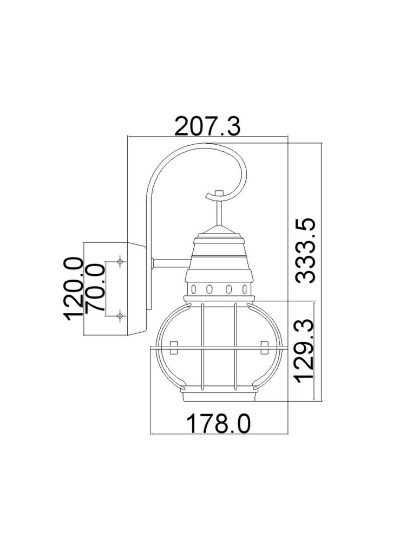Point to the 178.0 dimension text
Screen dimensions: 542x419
[x=219, y=423]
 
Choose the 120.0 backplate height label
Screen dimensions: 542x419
[x=74, y=289]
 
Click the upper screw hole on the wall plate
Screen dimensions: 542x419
[x=120, y=262]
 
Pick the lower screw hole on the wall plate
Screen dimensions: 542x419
[x=120, y=315]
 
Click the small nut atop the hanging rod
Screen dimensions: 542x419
[x=218, y=193]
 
